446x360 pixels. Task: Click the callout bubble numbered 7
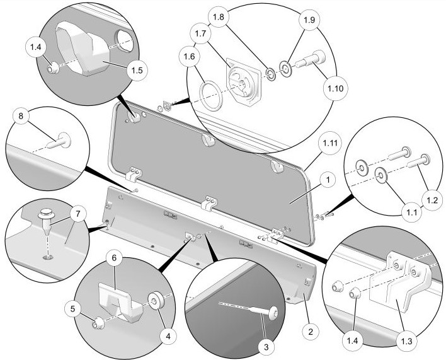pyautogui.click(x=77, y=214)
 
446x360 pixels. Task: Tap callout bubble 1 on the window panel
pyautogui.click(x=325, y=179)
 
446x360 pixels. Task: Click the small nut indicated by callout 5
pyautogui.click(x=98, y=324)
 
